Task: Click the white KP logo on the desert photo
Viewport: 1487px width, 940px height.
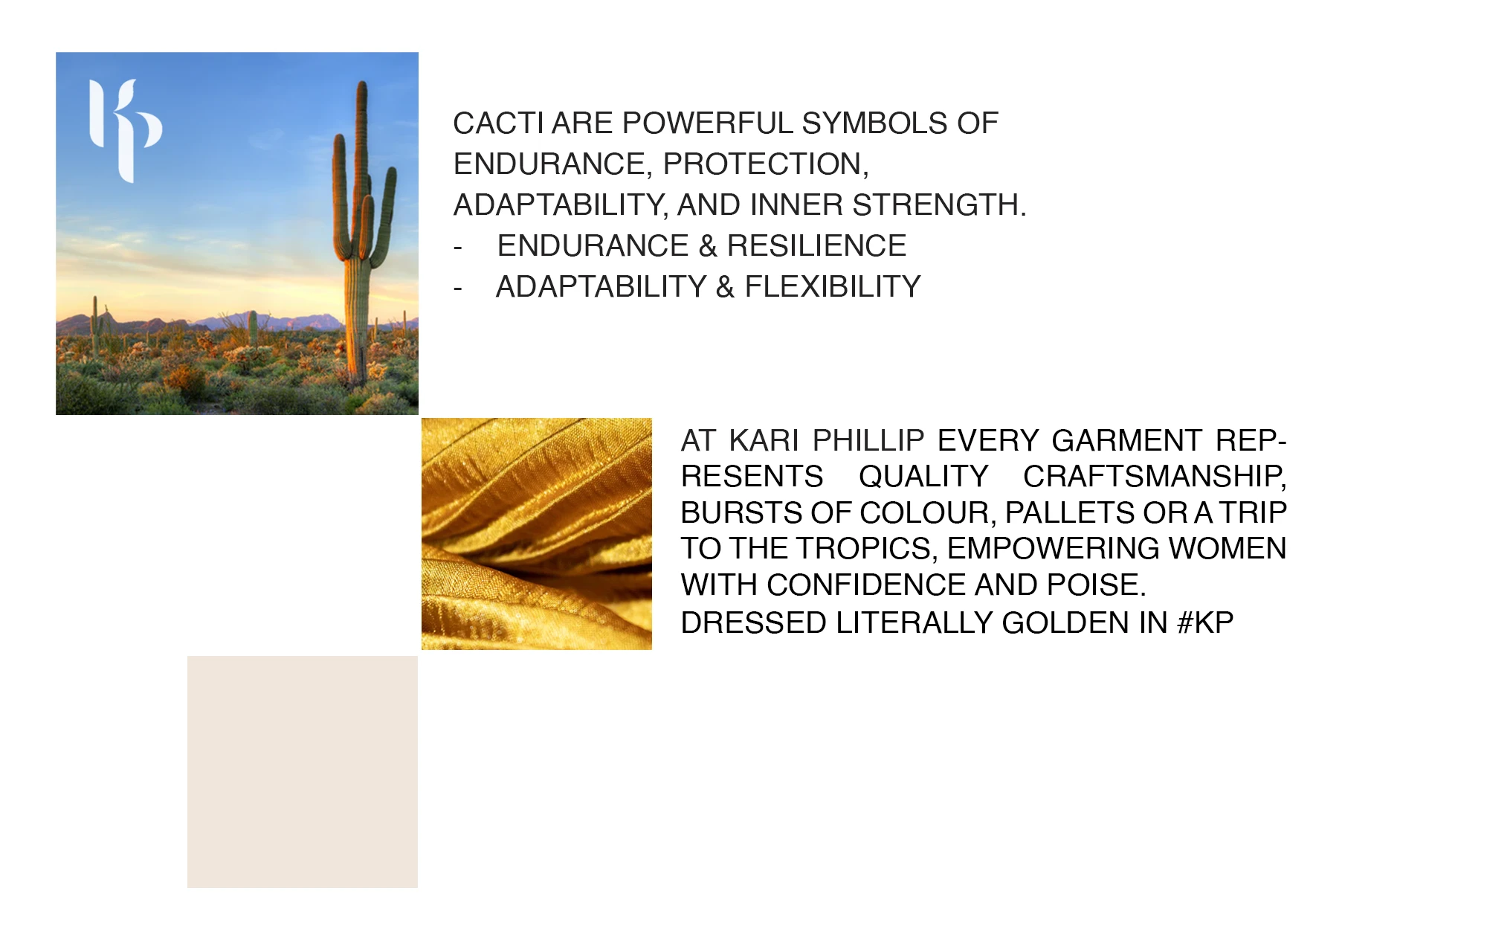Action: (x=124, y=130)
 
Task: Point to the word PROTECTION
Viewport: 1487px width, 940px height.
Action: (x=765, y=164)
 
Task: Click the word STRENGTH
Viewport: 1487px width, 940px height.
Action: (x=939, y=205)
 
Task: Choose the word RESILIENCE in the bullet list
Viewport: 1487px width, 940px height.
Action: (x=816, y=246)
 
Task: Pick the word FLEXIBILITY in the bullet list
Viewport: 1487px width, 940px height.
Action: (x=833, y=287)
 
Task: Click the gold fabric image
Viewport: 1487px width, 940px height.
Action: (x=537, y=534)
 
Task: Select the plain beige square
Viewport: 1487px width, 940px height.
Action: (x=303, y=772)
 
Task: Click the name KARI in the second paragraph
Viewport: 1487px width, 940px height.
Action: (x=764, y=441)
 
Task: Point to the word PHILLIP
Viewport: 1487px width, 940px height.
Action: (x=868, y=441)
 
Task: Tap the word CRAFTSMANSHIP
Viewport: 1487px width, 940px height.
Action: (x=1155, y=477)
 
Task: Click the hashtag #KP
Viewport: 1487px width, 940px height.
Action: (x=1205, y=623)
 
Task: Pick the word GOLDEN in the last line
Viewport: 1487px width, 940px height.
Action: (x=1065, y=623)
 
